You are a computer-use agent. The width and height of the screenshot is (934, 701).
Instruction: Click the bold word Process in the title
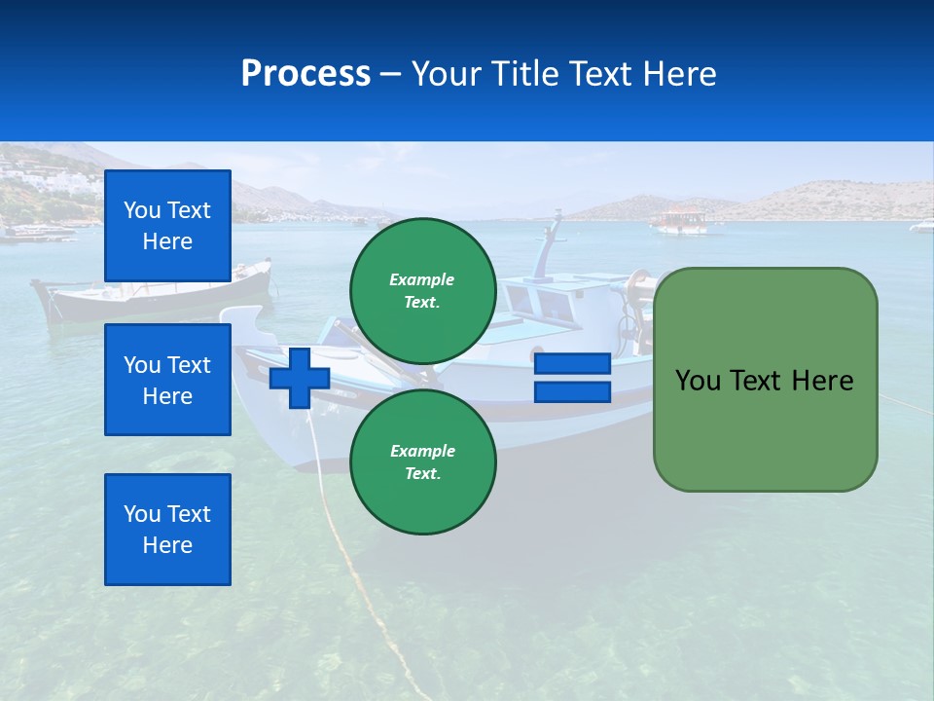click(305, 74)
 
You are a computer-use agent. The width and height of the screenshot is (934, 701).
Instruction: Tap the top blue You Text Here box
click(167, 226)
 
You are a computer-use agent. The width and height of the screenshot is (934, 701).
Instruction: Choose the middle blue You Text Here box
click(167, 380)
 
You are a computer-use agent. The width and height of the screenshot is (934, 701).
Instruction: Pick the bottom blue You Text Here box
click(167, 530)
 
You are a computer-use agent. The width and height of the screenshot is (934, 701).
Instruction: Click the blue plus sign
click(300, 377)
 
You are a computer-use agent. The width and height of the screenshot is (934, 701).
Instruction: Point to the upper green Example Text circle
click(422, 291)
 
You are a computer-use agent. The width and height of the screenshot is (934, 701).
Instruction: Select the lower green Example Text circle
click(422, 462)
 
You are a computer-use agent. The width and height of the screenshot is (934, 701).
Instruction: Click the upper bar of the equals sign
click(572, 364)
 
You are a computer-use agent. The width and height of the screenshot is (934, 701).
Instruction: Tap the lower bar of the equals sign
click(572, 392)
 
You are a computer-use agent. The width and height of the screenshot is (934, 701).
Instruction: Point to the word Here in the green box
click(822, 381)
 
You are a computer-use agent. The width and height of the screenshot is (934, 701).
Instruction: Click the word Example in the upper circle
click(422, 279)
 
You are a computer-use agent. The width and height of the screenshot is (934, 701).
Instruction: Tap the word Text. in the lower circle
click(422, 474)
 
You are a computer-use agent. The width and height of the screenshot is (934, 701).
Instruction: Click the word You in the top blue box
click(142, 210)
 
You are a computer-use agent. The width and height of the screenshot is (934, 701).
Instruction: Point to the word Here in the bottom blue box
click(167, 545)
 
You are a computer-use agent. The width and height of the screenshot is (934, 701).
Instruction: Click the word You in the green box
click(698, 381)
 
